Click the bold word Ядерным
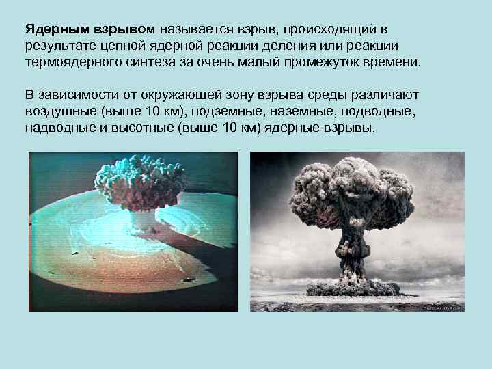pos(55,30)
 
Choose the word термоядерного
pos(70,62)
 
